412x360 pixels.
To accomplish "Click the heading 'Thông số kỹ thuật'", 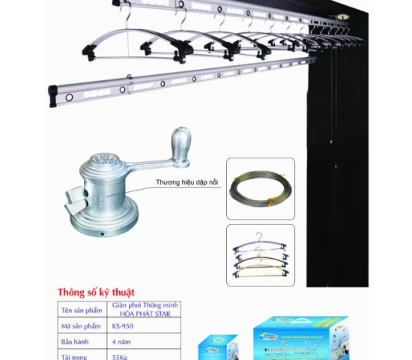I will (x=96, y=291).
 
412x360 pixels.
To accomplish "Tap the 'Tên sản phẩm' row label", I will (x=81, y=310).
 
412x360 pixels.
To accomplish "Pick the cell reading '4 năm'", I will (x=121, y=341).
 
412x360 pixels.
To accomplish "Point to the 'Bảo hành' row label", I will (x=79, y=341).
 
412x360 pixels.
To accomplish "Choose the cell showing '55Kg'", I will (x=121, y=356).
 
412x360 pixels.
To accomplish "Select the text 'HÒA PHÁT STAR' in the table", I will (x=144, y=313).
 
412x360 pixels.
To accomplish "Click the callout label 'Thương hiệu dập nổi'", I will (x=187, y=181).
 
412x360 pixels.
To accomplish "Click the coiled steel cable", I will (x=260, y=188).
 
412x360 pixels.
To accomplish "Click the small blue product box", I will (x=218, y=349).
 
